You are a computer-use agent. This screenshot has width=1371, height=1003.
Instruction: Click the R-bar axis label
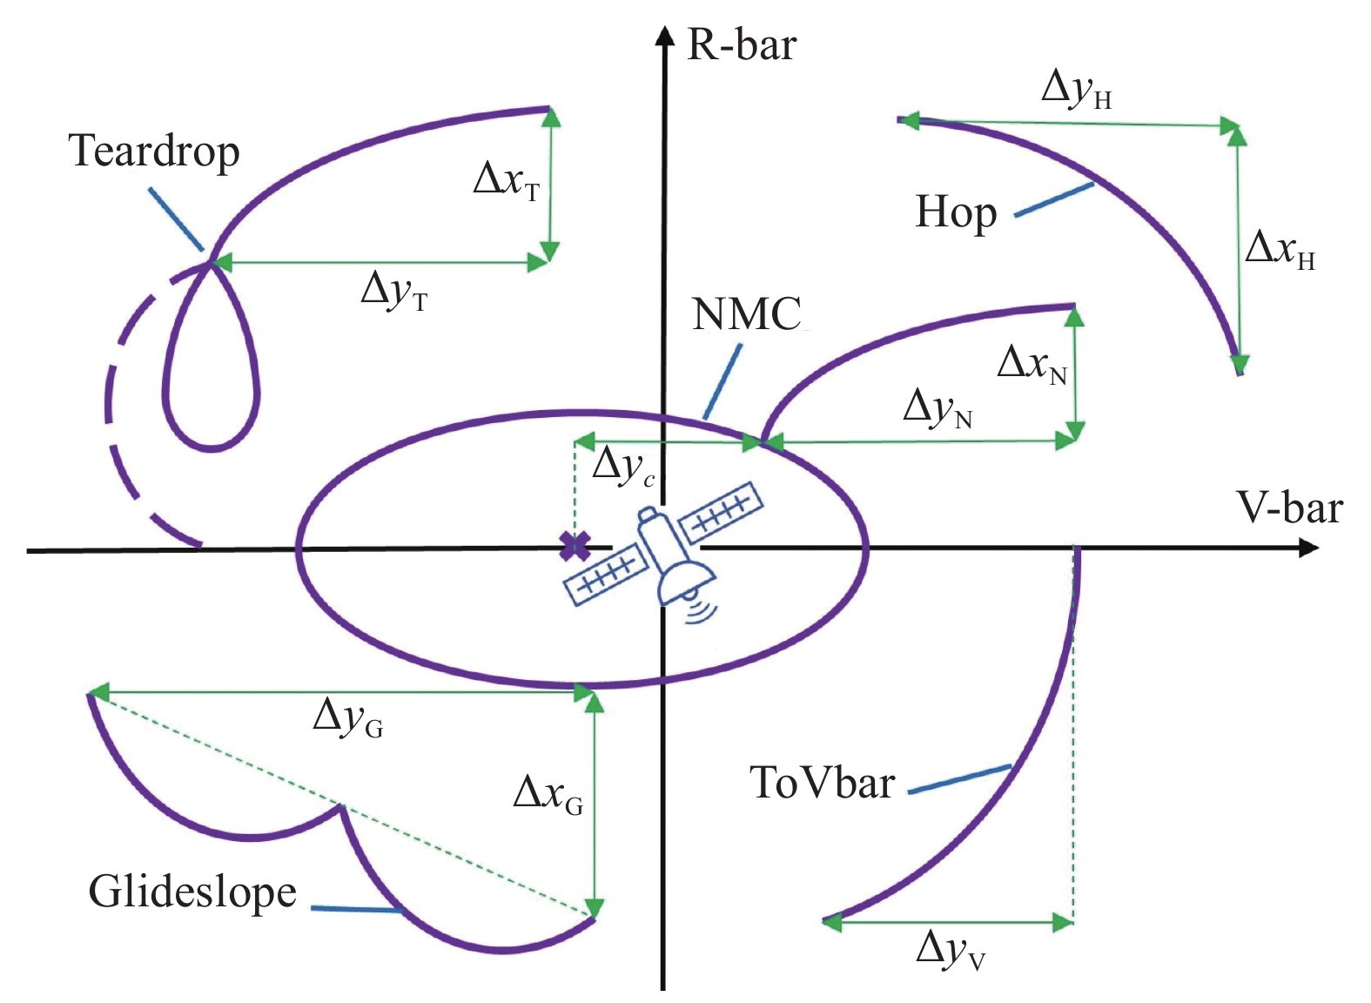741,44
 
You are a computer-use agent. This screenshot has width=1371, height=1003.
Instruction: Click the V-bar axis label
1289,508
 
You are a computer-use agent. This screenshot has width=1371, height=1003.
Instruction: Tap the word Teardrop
154,151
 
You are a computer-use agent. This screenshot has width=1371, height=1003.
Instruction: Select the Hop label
956,212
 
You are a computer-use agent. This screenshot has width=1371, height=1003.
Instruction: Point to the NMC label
746,314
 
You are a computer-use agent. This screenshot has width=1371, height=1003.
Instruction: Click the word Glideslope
192,892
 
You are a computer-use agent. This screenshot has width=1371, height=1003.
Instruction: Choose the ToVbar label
822,782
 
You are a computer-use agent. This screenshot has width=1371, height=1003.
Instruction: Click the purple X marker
575,546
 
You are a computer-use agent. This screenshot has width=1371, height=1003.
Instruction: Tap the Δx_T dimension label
507,181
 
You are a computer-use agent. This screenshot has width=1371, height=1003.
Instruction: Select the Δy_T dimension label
394,290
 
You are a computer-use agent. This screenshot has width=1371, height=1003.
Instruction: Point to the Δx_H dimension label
1280,250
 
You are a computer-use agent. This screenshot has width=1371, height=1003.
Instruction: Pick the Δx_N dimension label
1032,364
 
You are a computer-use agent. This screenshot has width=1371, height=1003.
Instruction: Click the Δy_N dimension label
938,409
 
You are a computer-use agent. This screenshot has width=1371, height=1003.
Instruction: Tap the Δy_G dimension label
347,718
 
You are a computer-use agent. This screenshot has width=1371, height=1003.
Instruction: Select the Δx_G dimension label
548,795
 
